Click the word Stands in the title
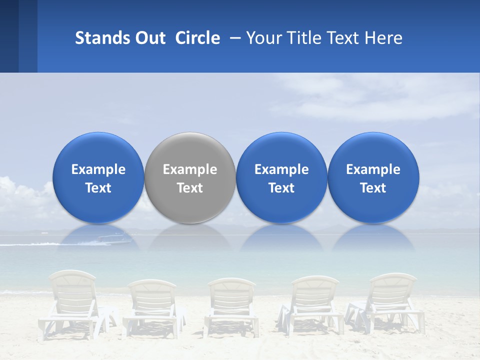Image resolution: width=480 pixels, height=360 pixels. coord(98,38)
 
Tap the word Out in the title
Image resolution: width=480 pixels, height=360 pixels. coord(149,38)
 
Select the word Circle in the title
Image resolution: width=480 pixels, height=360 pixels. coord(197,38)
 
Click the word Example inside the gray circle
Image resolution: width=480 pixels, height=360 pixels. coord(190,169)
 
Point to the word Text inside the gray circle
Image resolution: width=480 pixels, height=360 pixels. coord(190,188)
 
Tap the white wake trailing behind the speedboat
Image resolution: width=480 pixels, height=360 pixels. coord(30,244)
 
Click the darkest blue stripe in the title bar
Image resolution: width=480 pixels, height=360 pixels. coord(9,36)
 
